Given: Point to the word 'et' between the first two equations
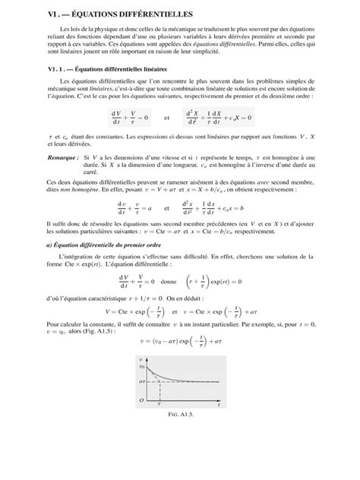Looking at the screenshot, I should [167, 118].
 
